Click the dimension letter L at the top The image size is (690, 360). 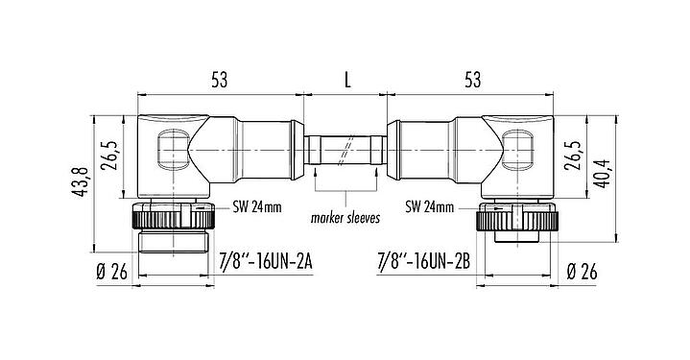click(x=346, y=81)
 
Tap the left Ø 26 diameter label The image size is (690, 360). click(x=111, y=272)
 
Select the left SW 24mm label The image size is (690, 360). click(x=256, y=205)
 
